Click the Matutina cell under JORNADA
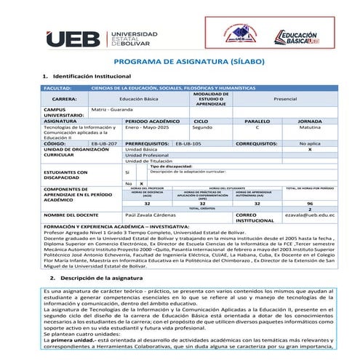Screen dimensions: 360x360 [x=310, y=127]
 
